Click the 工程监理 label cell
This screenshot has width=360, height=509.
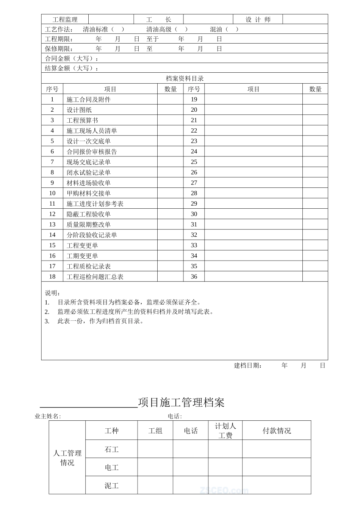pyautogui.click(x=65, y=20)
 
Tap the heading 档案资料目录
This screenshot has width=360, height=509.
pyautogui.click(x=185, y=78)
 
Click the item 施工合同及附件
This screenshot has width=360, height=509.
pyautogui.click(x=89, y=100)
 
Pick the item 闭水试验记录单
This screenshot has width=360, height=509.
pyautogui.click(x=89, y=173)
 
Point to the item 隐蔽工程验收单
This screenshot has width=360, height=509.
pyautogui.click(x=89, y=214)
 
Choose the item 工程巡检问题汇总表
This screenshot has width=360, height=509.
pyautogui.click(x=95, y=277)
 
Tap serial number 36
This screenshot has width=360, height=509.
pyautogui.click(x=194, y=277)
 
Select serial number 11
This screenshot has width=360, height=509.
pyautogui.click(x=52, y=204)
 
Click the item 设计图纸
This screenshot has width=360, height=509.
pyautogui.click(x=79, y=110)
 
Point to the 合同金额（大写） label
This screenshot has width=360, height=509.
pyautogui.click(x=72, y=59)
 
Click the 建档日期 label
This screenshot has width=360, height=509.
pyautogui.click(x=248, y=365)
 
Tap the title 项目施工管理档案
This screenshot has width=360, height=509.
pyautogui.click(x=181, y=402)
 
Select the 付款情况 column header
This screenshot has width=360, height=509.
pyautogui.click(x=277, y=431)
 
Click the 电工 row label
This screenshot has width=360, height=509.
pyautogui.click(x=112, y=468)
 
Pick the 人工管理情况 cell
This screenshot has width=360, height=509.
pyautogui.click(x=67, y=458)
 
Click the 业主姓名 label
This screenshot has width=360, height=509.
pyautogui.click(x=48, y=416)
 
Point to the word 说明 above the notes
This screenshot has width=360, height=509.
pyautogui.click(x=53, y=293)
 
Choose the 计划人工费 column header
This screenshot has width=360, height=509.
pyautogui.click(x=225, y=431)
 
